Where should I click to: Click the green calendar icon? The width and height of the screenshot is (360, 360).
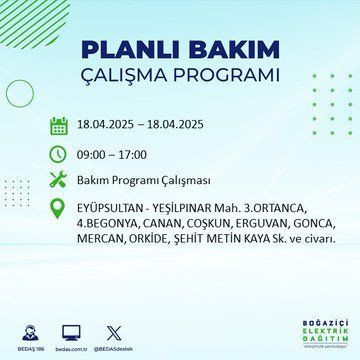[x=58, y=126]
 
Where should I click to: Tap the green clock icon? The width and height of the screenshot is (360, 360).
[x=58, y=155]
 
